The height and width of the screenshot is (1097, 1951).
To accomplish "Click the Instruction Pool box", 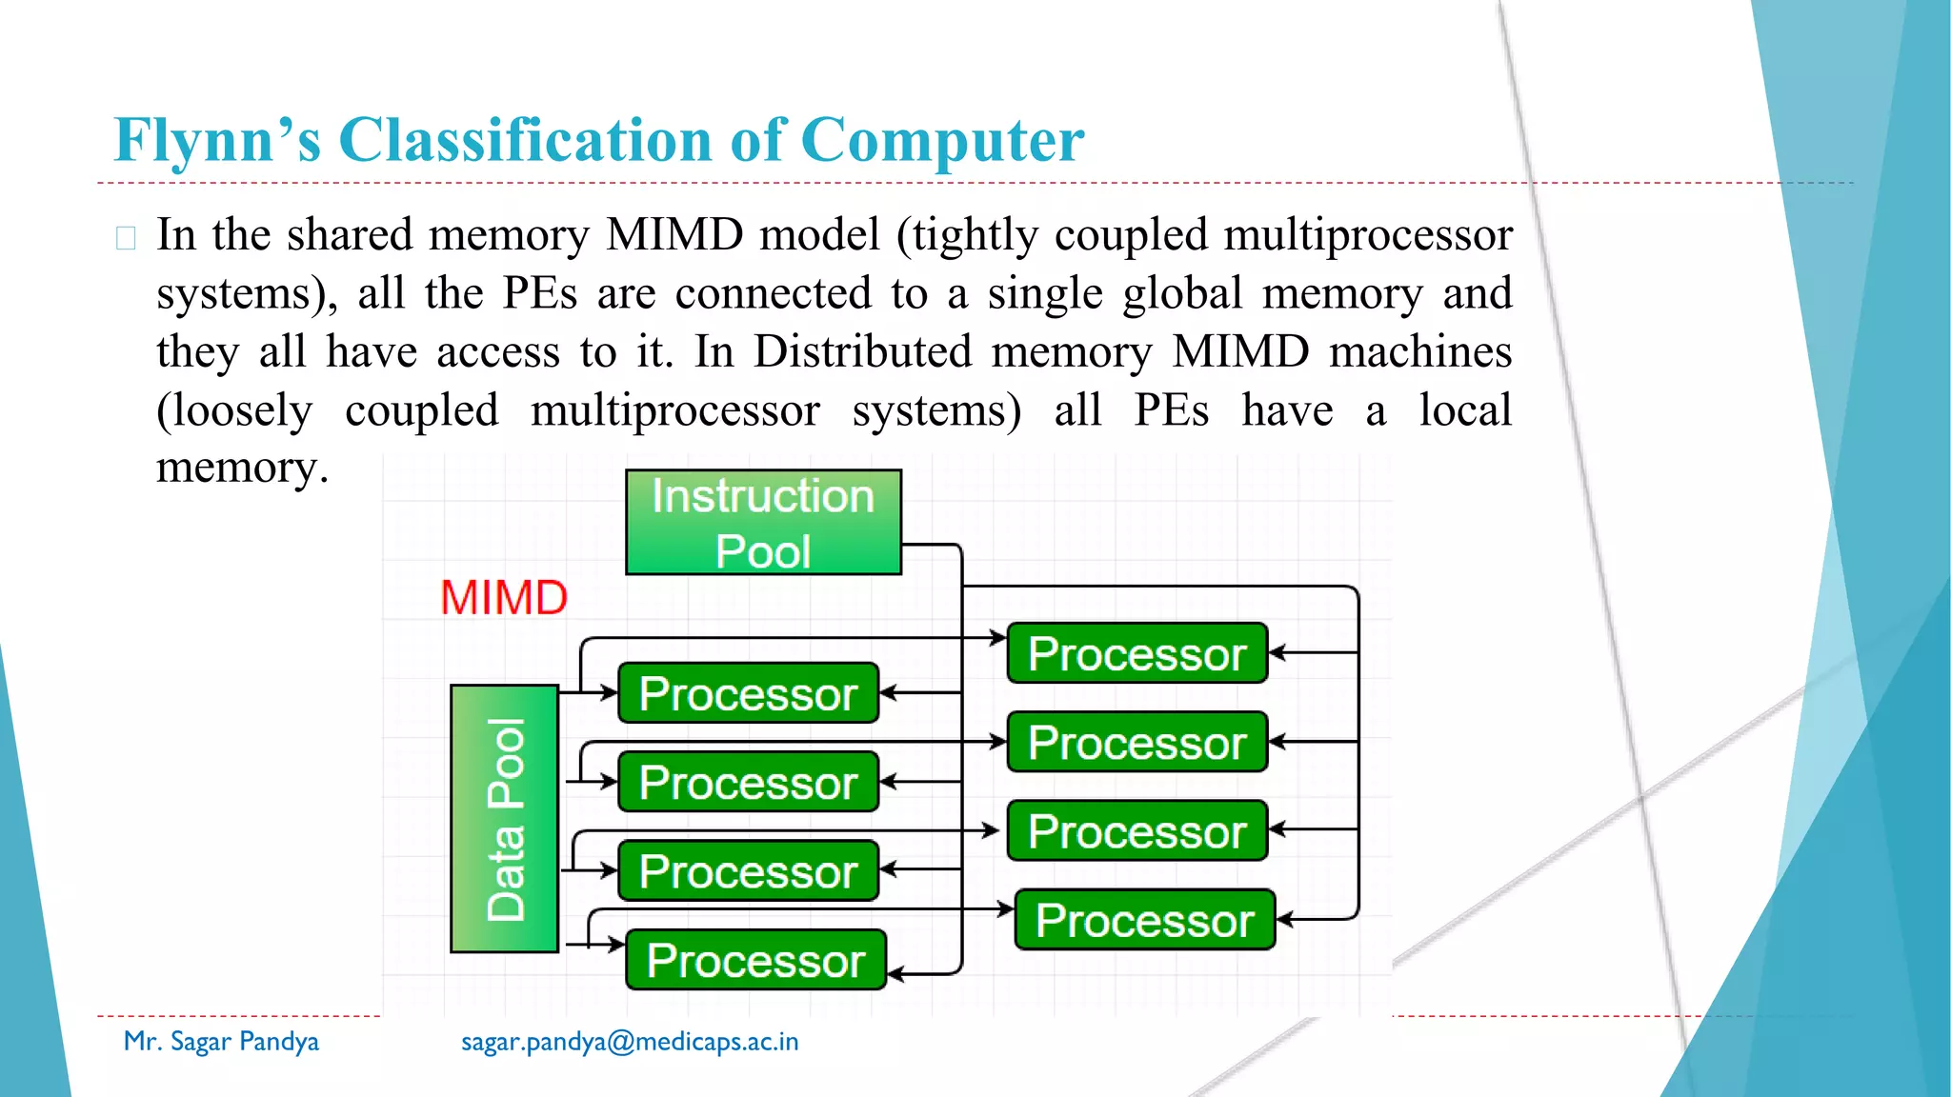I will point(763,522).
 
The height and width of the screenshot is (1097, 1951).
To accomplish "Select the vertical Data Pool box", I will point(504,818).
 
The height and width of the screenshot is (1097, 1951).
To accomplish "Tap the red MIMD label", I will point(503,598).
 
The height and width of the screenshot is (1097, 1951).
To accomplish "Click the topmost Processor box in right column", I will point(1136,653).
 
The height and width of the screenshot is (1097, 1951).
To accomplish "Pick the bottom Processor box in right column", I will point(1144,920).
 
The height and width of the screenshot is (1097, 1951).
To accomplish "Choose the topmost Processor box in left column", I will point(748,693).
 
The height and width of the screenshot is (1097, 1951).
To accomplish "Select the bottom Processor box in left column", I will point(755,960).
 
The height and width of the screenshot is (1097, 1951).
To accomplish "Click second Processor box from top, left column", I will point(748,782).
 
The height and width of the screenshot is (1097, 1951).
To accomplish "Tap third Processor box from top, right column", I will point(1136,831).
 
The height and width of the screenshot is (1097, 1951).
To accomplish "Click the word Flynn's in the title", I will point(217,140).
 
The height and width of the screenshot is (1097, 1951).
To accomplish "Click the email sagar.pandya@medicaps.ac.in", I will point(630,1042).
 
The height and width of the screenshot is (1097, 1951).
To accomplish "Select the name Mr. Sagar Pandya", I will point(221,1042).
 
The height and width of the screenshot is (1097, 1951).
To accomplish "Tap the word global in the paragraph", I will point(1181,293).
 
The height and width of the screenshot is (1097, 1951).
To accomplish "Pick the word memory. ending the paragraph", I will point(242,468).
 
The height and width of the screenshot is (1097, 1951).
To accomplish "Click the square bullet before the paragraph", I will point(126,237).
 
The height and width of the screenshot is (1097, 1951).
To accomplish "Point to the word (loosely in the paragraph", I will point(234,410).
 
